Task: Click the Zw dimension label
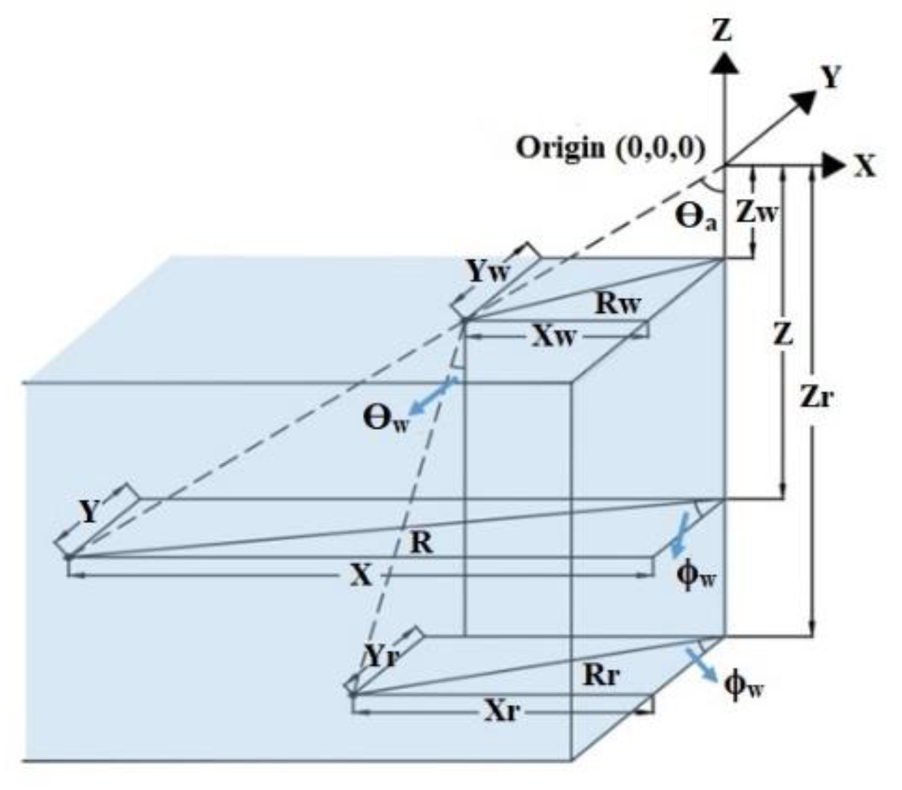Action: [x=757, y=212]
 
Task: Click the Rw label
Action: [x=618, y=304]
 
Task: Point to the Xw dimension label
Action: [x=555, y=337]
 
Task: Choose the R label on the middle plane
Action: [x=421, y=542]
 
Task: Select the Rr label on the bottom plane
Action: [x=601, y=675]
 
